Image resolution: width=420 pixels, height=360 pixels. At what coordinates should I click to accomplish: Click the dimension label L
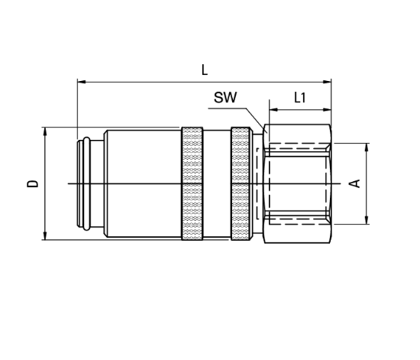204,70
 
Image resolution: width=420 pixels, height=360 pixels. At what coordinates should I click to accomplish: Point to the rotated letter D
32,183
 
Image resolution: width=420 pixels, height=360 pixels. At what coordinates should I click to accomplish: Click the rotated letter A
354,183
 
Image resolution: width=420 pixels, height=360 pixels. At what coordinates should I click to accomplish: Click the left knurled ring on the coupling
192,183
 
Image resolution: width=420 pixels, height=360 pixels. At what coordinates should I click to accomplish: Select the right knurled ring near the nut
241,183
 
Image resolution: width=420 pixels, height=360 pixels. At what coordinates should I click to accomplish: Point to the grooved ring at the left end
87,183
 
